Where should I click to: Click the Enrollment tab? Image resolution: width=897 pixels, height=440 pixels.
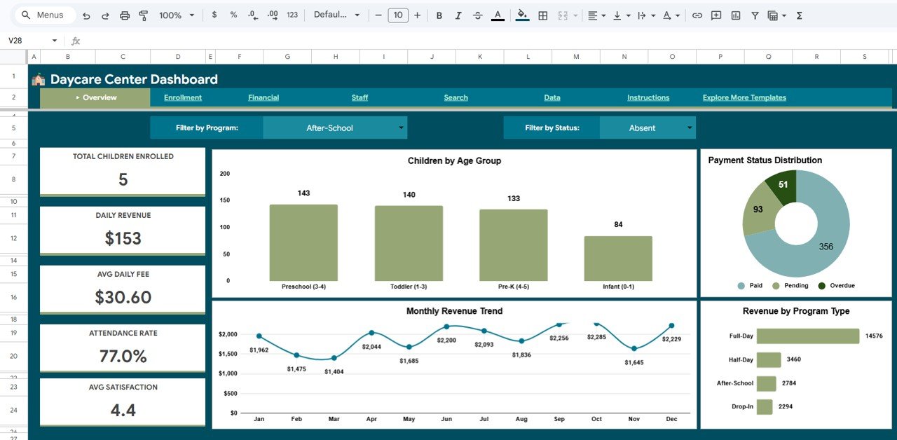point(183,97)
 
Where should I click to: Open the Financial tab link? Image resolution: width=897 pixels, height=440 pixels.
point(263,97)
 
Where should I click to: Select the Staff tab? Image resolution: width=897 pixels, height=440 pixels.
point(360,97)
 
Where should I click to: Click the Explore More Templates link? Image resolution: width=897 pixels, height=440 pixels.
point(744,97)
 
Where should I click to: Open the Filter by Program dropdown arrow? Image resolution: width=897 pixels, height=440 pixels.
point(401,128)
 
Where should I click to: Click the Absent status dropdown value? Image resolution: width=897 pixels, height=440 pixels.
point(642,128)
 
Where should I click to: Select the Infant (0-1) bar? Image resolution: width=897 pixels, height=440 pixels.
point(618,259)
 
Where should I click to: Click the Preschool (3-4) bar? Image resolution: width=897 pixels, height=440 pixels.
point(303,242)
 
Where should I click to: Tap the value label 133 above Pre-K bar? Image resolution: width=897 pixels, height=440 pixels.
point(514,198)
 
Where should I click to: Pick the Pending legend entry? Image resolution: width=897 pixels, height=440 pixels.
point(791,286)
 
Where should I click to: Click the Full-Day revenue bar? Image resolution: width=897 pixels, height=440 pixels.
point(807,336)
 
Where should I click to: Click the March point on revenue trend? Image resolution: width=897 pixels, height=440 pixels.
point(334,358)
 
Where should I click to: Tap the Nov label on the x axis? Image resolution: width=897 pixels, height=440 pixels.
point(634,419)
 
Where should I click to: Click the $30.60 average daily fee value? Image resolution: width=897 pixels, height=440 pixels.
point(123,297)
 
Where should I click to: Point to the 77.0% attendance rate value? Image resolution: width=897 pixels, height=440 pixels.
point(123,356)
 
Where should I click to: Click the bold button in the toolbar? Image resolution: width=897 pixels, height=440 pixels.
point(439,15)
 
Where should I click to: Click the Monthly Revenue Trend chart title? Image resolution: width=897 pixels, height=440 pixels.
point(454,311)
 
